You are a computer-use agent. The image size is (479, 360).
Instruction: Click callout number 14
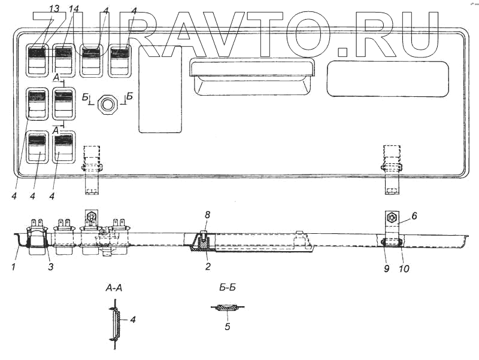[74, 10]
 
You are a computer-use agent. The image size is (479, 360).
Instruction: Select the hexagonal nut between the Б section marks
[108, 103]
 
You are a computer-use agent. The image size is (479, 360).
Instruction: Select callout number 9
[387, 269]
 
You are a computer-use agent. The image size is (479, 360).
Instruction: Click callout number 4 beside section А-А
[133, 320]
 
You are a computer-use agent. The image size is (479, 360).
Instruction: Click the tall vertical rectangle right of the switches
[160, 90]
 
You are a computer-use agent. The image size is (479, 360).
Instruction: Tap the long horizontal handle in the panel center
[250, 68]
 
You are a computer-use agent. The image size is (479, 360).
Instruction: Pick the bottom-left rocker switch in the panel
[37, 147]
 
